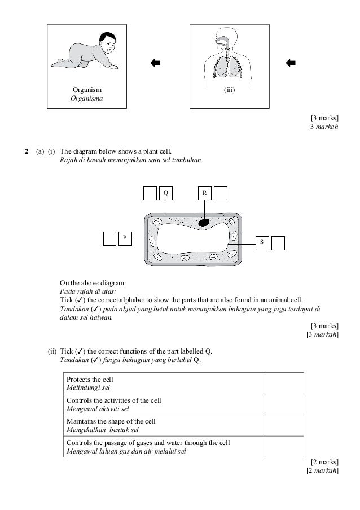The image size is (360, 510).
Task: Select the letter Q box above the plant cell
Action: pos(165,193)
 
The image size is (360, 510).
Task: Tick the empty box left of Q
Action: pos(150,193)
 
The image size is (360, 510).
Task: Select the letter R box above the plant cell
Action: pos(204,193)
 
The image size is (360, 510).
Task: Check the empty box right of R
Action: pos(220,193)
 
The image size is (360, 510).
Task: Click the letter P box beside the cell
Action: pos(125,238)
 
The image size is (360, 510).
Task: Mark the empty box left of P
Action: pos(109,238)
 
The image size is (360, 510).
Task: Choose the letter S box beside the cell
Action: pos(262,242)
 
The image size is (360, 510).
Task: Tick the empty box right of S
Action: pos(278,242)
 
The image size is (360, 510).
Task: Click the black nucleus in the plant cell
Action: pos(203,224)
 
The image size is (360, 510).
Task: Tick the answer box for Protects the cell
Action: pos(284,383)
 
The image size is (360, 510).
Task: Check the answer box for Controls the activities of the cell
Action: pos(284,404)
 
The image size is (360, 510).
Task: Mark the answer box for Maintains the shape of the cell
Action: pos(284,425)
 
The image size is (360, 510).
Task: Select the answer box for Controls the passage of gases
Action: pos(284,446)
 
